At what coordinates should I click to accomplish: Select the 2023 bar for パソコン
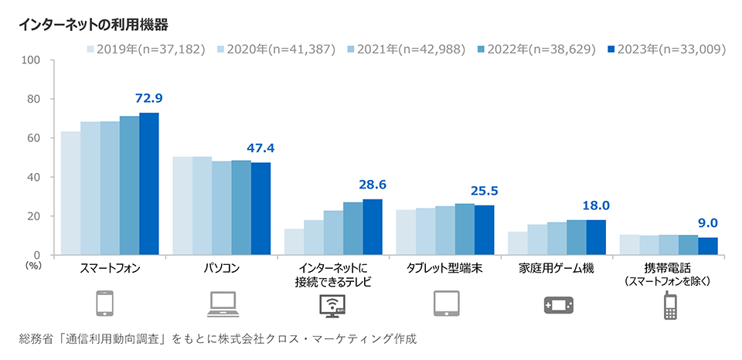coord(260,209)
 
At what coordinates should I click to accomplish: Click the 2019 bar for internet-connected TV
coord(294,242)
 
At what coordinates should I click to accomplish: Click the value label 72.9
coord(148,98)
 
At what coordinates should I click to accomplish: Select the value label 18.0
coord(596,205)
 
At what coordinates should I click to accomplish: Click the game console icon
coord(557,305)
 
